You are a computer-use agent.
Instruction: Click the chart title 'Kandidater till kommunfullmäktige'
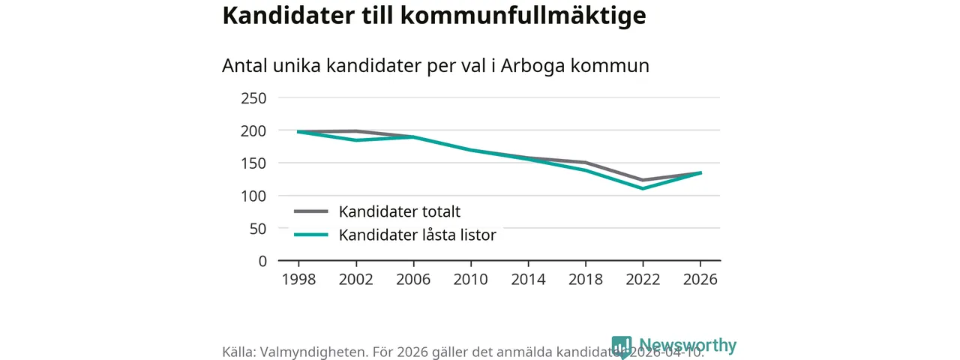[433, 16]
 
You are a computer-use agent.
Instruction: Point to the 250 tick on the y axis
[253, 98]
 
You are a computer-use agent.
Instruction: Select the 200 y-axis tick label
[253, 130]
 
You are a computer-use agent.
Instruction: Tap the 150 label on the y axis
[253, 163]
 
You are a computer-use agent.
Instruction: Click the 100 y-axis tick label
[253, 196]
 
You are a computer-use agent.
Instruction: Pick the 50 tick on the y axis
[258, 229]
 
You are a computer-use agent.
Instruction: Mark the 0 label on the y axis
[262, 261]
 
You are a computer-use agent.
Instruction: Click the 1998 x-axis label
[298, 280]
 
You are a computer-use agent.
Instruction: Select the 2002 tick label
[355, 280]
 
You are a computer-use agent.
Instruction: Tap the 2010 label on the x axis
[470, 280]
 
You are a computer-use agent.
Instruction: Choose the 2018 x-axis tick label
[585, 280]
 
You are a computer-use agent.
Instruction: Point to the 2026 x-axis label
[700, 280]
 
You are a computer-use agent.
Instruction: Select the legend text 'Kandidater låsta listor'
[418, 235]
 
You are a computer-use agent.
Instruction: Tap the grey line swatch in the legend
[310, 211]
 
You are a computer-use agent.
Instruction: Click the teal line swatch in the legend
[310, 235]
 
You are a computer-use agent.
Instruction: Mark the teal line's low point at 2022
[643, 188]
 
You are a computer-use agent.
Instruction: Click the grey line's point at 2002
[355, 131]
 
